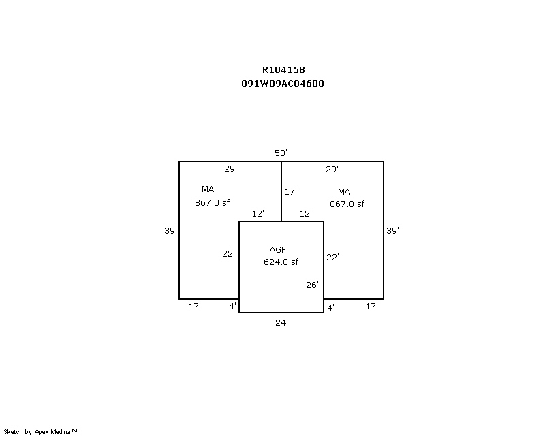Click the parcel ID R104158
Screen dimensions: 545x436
(x=283, y=70)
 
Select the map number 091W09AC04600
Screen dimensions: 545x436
(x=283, y=83)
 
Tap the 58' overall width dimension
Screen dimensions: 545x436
(x=281, y=153)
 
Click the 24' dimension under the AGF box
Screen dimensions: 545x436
(x=281, y=323)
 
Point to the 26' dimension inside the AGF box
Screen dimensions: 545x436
(x=312, y=285)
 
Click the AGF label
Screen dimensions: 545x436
(x=278, y=249)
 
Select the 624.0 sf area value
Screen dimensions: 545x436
(x=281, y=262)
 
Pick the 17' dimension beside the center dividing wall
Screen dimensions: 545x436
(x=291, y=191)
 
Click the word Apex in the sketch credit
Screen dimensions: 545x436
(x=42, y=432)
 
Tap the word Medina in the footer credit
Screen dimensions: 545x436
(x=61, y=432)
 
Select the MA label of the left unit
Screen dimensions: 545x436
(x=208, y=189)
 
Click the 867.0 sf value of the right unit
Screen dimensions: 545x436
(x=347, y=204)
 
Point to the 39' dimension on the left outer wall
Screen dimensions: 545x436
(x=171, y=230)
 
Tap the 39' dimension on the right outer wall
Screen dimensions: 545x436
(x=393, y=230)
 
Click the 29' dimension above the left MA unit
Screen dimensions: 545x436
(x=230, y=169)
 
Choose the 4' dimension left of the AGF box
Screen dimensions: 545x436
(x=232, y=307)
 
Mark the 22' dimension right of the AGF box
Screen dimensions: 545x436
(x=332, y=257)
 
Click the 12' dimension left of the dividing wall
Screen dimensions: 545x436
(x=258, y=213)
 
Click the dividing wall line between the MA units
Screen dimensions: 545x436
(x=281, y=191)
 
